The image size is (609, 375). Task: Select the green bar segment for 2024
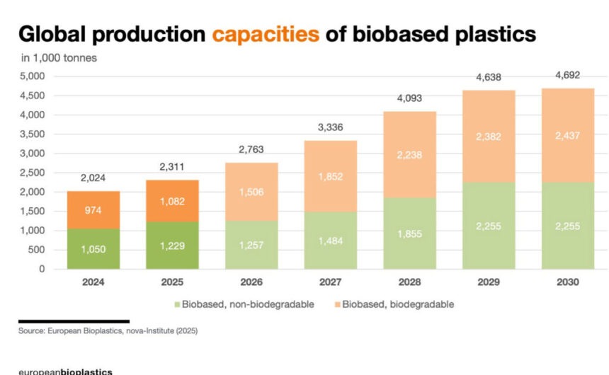tap(93, 248)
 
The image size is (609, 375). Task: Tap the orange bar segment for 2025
tap(172, 200)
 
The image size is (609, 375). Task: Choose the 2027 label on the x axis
tap(331, 282)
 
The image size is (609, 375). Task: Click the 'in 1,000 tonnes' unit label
tap(58, 58)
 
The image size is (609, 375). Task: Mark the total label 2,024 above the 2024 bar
tap(93, 178)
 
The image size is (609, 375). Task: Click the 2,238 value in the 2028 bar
tap(410, 154)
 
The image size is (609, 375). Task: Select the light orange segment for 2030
tap(568, 135)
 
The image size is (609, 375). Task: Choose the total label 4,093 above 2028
tap(410, 98)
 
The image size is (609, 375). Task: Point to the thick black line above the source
tap(74, 321)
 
